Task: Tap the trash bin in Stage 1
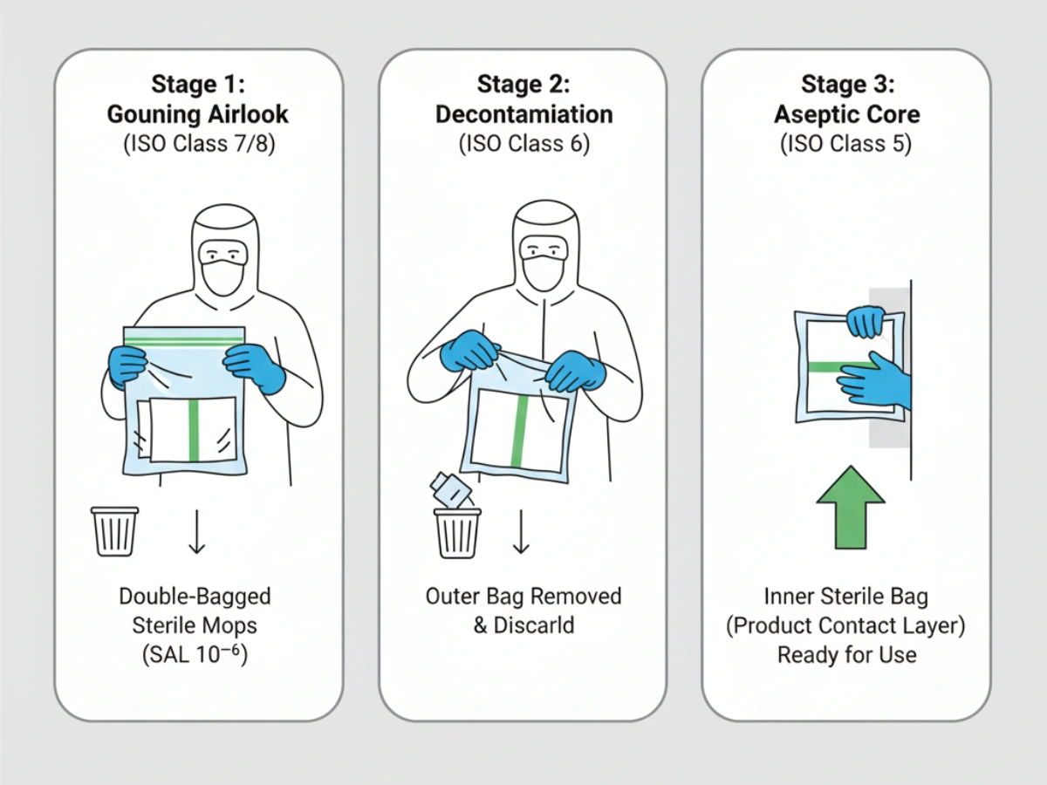click(114, 531)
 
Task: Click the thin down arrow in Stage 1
click(197, 531)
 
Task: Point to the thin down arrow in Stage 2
click(521, 531)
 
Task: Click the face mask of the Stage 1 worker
click(222, 276)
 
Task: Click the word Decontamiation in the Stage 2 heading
click(523, 114)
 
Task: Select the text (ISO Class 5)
click(845, 144)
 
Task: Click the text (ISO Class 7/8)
click(198, 144)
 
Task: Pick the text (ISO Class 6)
click(523, 144)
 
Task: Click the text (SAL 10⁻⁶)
click(195, 654)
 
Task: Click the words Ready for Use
click(846, 655)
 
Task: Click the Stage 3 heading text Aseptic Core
click(845, 114)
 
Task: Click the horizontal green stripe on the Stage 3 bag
click(839, 366)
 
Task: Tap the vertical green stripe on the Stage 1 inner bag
click(194, 430)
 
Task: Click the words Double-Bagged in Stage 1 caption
click(195, 597)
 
